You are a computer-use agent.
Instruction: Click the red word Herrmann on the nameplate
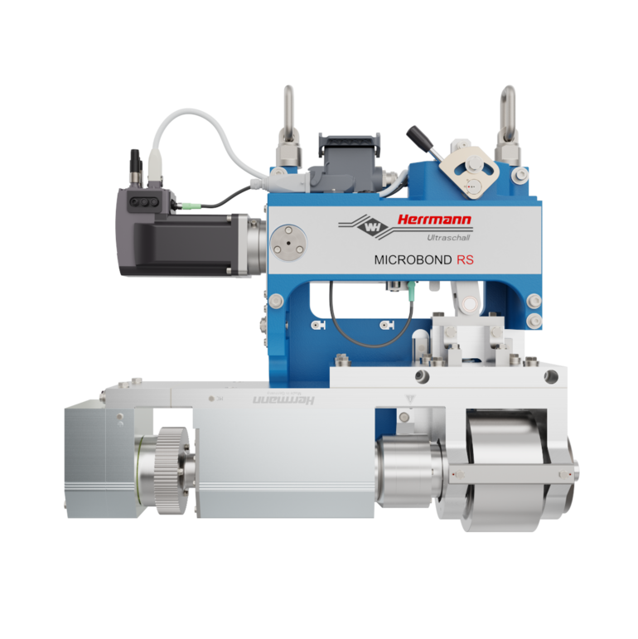point(433,220)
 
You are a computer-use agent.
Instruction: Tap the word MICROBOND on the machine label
point(413,259)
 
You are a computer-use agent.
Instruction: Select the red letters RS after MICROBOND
point(464,259)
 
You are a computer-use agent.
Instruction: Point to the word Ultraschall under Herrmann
point(447,238)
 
